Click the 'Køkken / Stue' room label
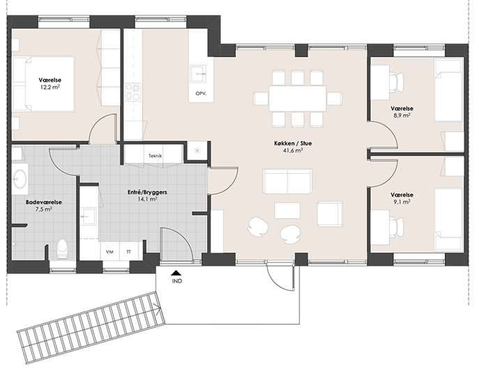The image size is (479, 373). [293, 143]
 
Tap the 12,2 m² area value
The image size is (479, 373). [50, 87]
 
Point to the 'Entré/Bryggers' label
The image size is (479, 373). [147, 192]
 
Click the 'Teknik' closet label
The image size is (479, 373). [155, 155]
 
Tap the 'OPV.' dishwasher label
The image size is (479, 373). [201, 93]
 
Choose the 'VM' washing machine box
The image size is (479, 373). [109, 252]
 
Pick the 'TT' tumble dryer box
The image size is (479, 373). [129, 252]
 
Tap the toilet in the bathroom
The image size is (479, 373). [62, 250]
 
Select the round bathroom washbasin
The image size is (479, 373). [20, 178]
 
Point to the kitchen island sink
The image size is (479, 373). [198, 74]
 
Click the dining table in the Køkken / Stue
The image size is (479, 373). [298, 99]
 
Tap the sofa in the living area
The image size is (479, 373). [287, 181]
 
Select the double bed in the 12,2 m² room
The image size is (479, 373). [43, 84]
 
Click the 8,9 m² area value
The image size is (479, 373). [402, 116]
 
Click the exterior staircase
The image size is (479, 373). [91, 328]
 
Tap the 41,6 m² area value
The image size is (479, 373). [293, 150]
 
